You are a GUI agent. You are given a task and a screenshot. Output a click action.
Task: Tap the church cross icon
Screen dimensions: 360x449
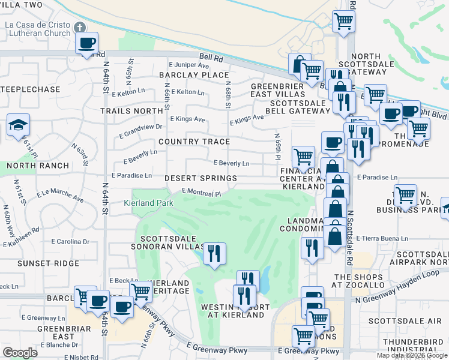pyautogui.click(x=80, y=28)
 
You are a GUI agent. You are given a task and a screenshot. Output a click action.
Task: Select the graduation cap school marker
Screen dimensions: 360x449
pyautogui.click(x=18, y=126)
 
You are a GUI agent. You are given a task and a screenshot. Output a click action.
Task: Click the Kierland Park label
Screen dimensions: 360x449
pyautogui.click(x=148, y=203)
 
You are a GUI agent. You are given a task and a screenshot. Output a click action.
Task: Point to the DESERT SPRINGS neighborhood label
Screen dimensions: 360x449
pyautogui.click(x=200, y=179)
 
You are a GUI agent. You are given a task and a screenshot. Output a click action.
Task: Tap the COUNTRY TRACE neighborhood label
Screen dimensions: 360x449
pyautogui.click(x=194, y=142)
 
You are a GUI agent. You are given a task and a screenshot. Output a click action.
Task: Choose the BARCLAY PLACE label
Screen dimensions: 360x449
pyautogui.click(x=193, y=75)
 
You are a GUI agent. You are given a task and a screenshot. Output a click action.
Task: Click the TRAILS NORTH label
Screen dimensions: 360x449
pyautogui.click(x=131, y=111)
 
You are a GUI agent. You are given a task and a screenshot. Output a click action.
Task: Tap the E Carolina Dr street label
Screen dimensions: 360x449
pyautogui.click(x=70, y=242)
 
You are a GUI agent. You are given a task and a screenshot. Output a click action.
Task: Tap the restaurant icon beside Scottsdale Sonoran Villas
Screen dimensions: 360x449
pyautogui.click(x=214, y=253)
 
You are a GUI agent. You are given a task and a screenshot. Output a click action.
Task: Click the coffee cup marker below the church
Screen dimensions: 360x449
pyautogui.click(x=87, y=44)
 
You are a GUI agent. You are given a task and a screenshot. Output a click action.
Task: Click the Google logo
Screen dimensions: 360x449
pyautogui.click(x=20, y=353)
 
